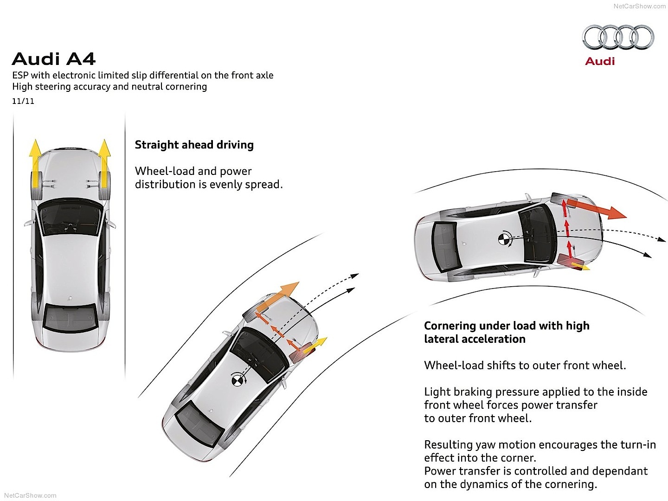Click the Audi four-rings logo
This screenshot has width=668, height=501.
tap(618, 38)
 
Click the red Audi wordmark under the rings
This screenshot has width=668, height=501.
tap(600, 61)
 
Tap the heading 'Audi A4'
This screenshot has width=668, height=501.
tap(54, 59)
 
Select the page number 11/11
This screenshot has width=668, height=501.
tap(23, 101)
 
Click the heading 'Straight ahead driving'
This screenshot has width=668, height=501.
tap(194, 145)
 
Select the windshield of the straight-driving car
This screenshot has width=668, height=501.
tap(71, 218)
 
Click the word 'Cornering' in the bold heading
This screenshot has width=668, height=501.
tap(450, 326)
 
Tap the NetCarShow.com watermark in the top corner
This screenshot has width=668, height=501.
tap(639, 6)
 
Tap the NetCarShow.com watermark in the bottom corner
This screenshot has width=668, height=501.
tap(28, 495)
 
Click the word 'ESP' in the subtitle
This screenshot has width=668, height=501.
tap(20, 75)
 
